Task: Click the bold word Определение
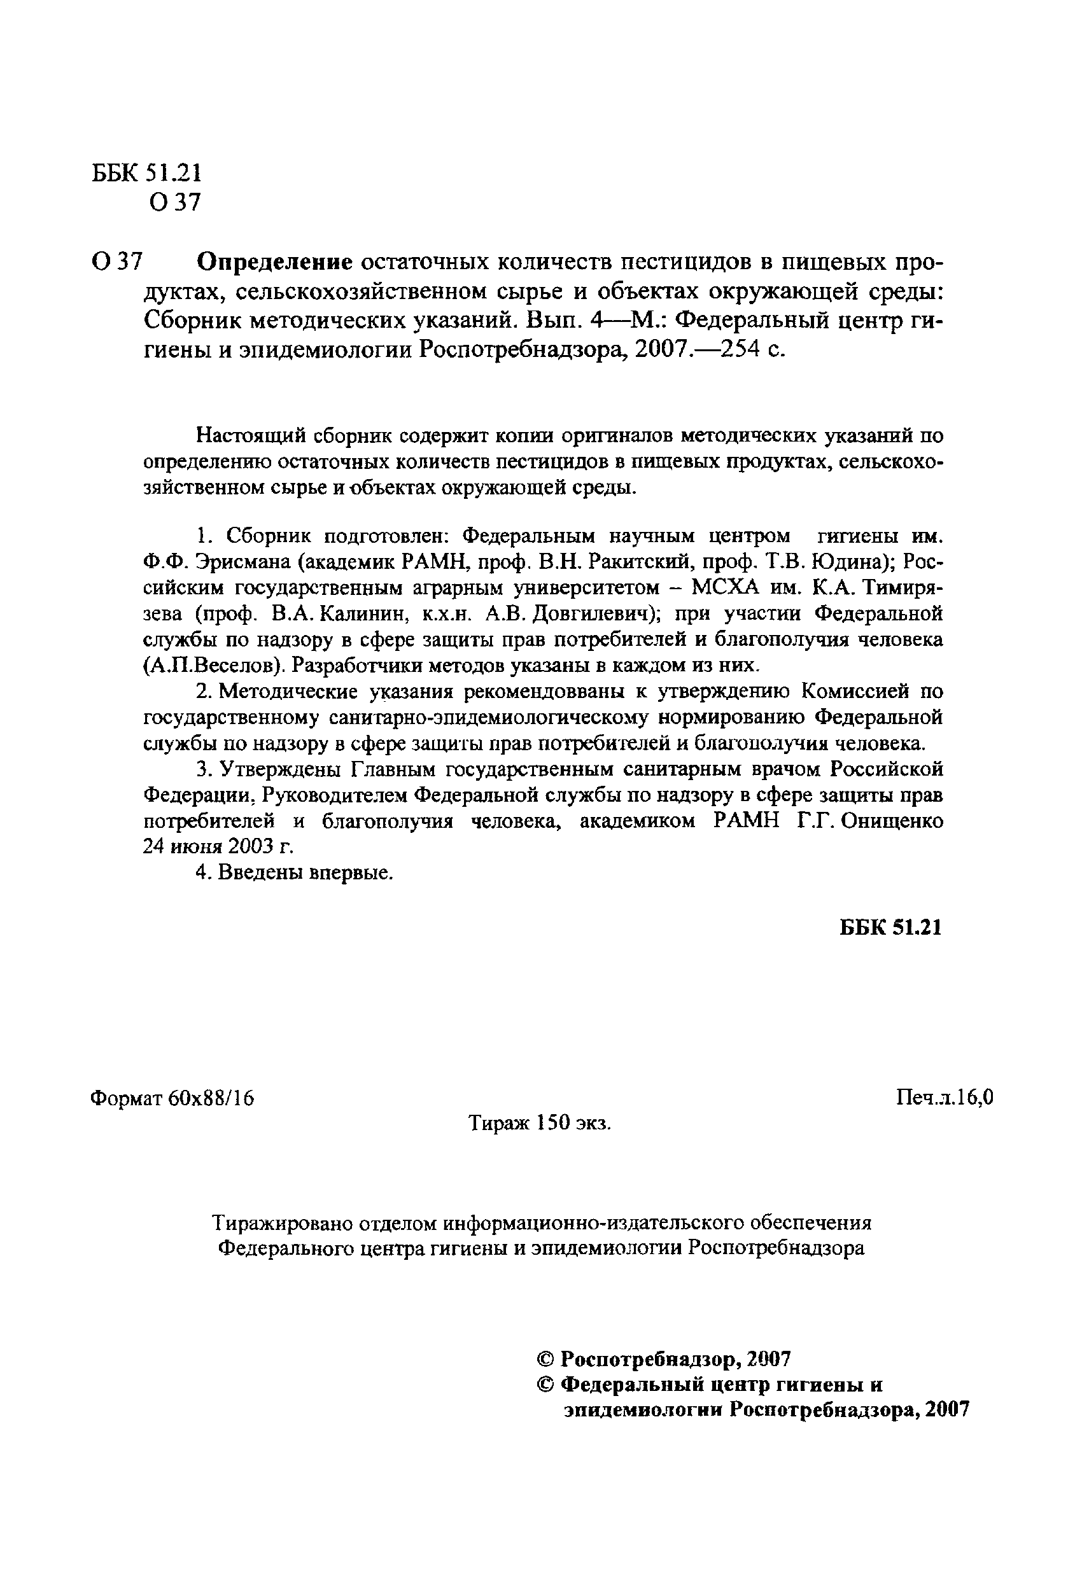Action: coord(275,261)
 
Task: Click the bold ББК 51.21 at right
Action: coord(890,928)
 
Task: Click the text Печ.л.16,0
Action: coord(944,1098)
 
